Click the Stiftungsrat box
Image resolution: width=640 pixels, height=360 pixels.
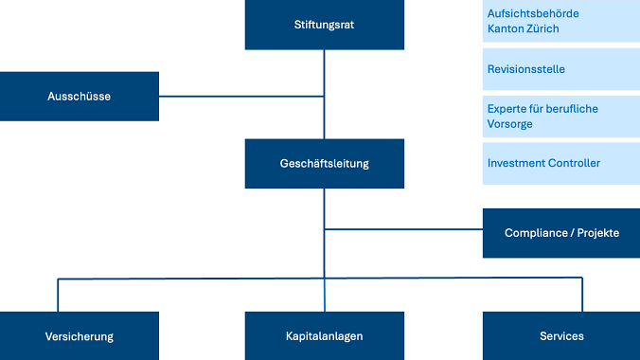(324, 25)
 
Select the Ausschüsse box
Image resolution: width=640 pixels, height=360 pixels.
(79, 96)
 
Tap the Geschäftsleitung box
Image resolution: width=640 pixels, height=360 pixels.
(324, 163)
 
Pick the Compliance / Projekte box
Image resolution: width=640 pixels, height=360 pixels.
(560, 233)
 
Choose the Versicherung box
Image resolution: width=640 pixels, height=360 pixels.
(79, 336)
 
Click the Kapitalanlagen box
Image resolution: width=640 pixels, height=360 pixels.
(324, 336)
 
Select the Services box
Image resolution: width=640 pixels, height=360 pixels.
(560, 336)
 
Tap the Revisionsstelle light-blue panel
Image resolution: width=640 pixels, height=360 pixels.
(560, 69)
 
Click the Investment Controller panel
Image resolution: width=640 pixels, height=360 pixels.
(560, 163)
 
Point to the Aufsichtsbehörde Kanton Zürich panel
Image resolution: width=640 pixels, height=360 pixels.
(560, 21)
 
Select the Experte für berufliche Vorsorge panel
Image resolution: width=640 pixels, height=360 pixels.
(560, 117)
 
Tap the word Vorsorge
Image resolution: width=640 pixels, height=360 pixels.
(510, 124)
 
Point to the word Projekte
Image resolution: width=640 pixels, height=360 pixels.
(597, 233)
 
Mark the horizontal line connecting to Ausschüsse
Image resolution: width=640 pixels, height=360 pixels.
(241, 96)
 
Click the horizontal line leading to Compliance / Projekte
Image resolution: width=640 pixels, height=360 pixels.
(402, 229)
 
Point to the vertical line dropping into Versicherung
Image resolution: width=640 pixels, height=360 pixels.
(59, 295)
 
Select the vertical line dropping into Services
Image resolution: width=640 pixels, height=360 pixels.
(581, 295)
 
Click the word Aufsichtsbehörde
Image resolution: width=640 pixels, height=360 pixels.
(533, 13)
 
